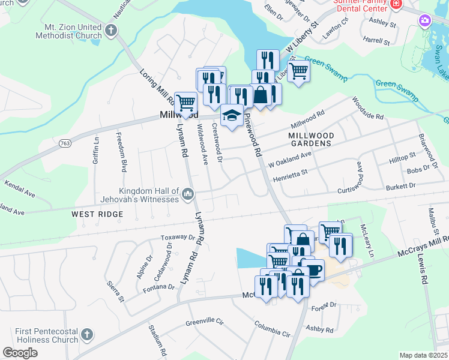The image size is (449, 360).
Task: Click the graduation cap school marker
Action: click(x=232, y=115)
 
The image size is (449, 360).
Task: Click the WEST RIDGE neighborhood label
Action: click(x=97, y=214)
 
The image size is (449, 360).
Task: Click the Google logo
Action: click(x=20, y=352)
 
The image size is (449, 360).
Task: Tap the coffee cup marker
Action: click(x=312, y=269)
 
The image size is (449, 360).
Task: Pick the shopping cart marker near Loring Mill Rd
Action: click(x=186, y=103)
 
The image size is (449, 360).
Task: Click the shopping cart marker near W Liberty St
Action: click(x=298, y=71)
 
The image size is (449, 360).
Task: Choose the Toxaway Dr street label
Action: click(x=178, y=238)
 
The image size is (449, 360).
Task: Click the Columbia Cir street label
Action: click(x=272, y=330)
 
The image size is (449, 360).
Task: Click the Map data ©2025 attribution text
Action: click(x=423, y=355)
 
